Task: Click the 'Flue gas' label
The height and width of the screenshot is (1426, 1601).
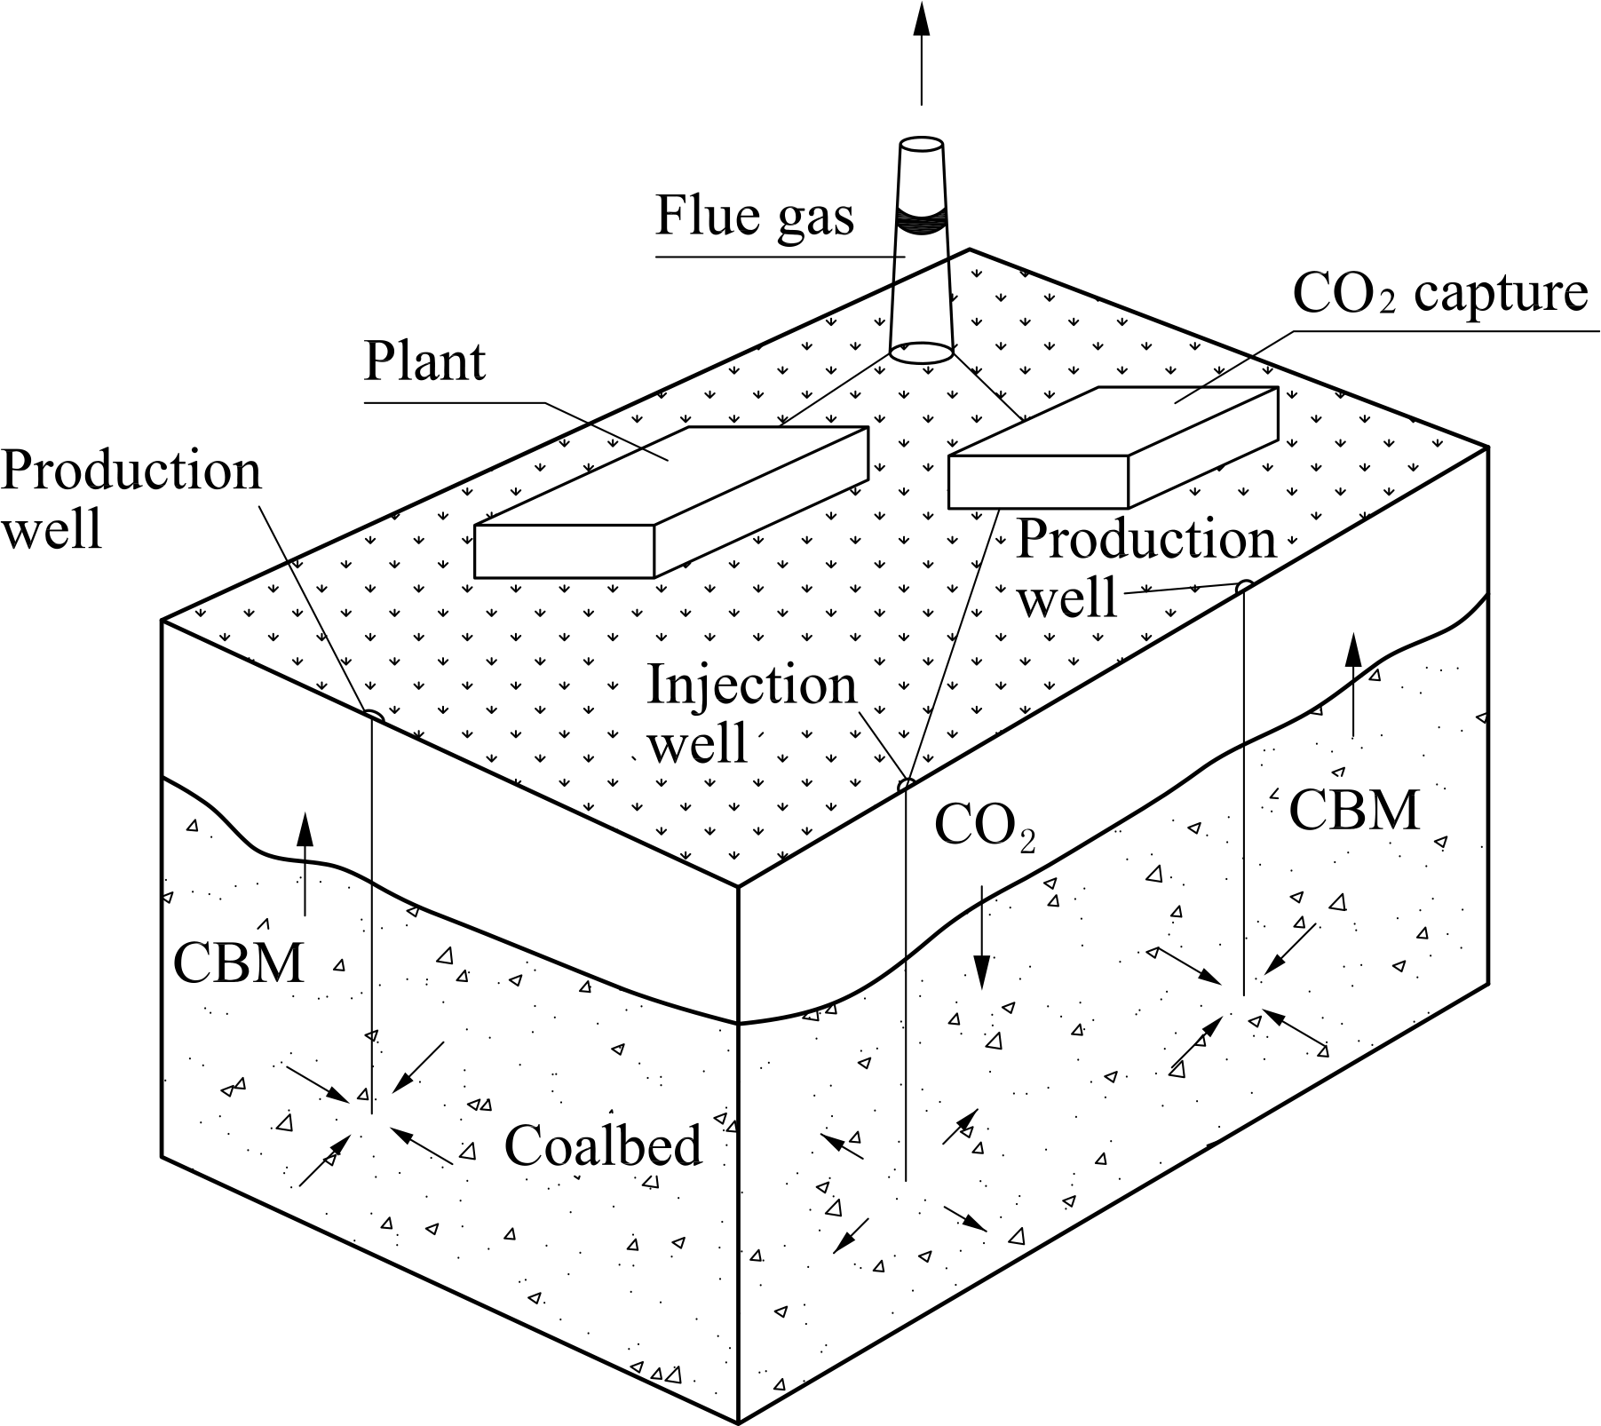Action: [754, 217]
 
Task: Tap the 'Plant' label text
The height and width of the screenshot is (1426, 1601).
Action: [424, 361]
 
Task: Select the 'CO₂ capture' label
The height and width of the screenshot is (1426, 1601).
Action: [1439, 293]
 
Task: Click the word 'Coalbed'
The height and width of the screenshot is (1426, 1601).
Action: [603, 1145]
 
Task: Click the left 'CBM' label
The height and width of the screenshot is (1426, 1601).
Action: [238, 963]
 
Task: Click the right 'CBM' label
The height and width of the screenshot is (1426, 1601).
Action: [1353, 811]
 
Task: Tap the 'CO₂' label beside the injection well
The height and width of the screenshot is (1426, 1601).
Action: [984, 828]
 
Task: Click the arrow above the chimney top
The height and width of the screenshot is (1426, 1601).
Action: [921, 53]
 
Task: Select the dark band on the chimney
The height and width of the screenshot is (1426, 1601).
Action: [921, 220]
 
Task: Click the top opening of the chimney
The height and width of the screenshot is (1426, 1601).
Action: [921, 145]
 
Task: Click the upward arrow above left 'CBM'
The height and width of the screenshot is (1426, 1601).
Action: [305, 861]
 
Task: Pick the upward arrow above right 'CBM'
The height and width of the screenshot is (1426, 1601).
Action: [1352, 684]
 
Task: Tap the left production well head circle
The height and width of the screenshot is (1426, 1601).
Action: [373, 715]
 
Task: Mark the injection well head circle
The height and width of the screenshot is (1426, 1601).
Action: [905, 785]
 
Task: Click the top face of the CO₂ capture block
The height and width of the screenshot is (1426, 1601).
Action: [1114, 422]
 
